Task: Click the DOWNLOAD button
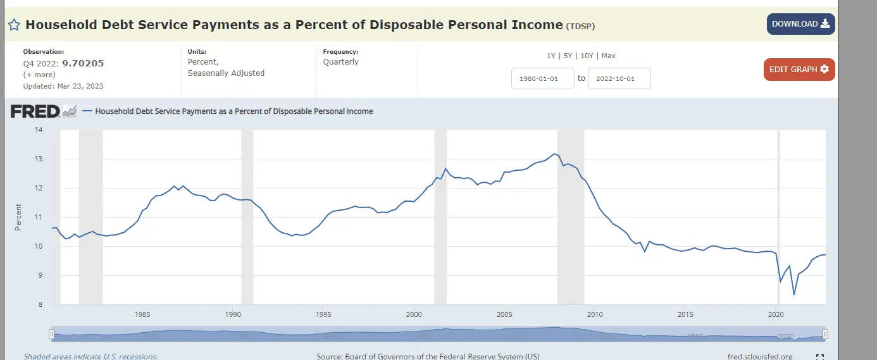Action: [x=800, y=24]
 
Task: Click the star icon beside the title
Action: [x=15, y=25]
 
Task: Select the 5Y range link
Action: [x=568, y=56]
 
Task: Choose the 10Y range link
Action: [x=587, y=56]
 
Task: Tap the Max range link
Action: [x=608, y=56]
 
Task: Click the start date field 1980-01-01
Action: [x=542, y=78]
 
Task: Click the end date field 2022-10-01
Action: [x=619, y=78]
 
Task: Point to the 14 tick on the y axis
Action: [x=39, y=130]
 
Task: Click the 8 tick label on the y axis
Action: [x=39, y=304]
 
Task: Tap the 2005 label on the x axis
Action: [x=504, y=314]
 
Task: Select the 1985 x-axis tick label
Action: [x=142, y=314]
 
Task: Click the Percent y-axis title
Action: [x=18, y=217]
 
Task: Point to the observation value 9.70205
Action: [x=83, y=63]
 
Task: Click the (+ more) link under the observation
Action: [x=39, y=75]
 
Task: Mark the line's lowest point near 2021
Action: [x=793, y=294]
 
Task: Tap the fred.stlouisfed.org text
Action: [x=760, y=356]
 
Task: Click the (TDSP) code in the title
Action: [x=581, y=26]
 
